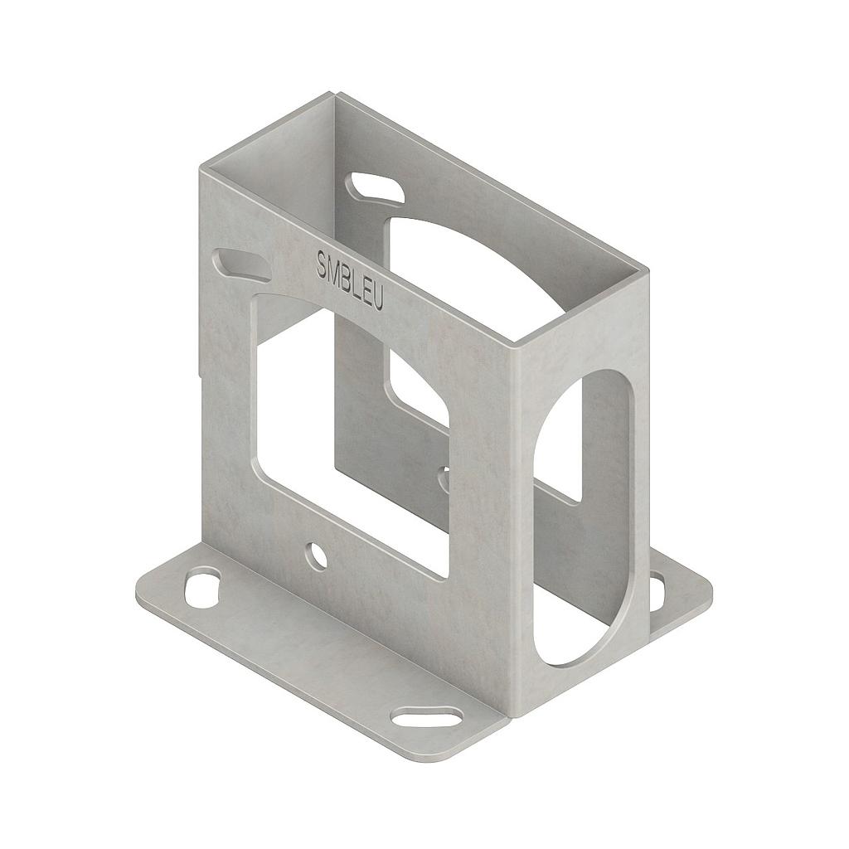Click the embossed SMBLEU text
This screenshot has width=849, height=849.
(350, 279)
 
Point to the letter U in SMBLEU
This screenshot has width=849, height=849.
(377, 298)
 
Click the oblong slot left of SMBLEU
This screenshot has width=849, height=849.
(241, 264)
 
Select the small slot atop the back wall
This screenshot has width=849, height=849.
(376, 189)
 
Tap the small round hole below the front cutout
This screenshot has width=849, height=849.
(316, 555)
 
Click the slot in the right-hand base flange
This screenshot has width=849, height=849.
(656, 591)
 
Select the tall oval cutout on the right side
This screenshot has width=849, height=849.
(585, 514)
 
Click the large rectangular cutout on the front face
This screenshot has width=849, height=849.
(348, 431)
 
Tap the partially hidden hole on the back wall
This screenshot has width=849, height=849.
(444, 478)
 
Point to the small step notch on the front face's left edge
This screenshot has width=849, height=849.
(201, 365)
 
